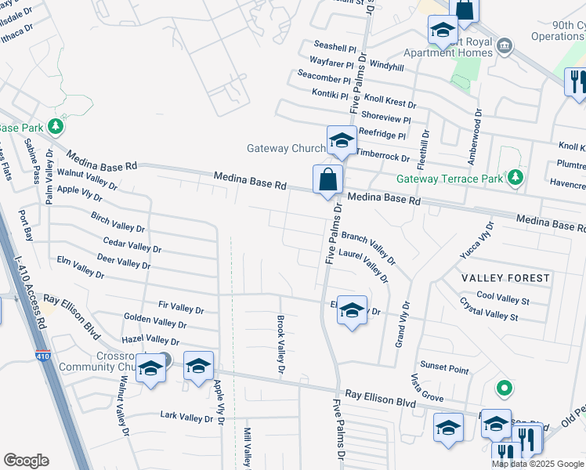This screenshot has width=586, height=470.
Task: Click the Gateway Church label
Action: click(285, 148)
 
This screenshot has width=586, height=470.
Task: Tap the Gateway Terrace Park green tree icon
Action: click(515, 178)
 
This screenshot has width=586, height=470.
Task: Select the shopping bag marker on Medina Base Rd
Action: click(327, 179)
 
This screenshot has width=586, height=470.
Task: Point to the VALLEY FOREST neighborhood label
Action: click(505, 278)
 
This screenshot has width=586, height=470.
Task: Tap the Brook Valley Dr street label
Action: click(280, 344)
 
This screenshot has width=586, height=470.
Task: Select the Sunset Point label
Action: click(444, 367)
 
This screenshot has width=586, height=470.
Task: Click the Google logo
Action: click(26, 461)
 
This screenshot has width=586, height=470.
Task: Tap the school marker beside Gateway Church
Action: click(342, 140)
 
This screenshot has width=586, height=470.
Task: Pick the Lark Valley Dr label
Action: click(186, 416)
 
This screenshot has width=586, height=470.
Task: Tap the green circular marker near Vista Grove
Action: click(505, 388)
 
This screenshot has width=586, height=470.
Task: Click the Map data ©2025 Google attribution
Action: click(537, 464)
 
